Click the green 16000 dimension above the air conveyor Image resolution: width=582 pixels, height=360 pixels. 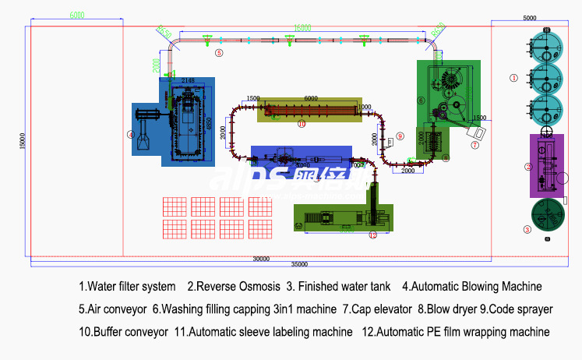pos(302,27)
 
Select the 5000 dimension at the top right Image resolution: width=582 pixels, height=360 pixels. pos(529,17)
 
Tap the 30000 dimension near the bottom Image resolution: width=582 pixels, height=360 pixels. pos(262,258)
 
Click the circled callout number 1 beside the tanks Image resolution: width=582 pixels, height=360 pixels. pos(513,78)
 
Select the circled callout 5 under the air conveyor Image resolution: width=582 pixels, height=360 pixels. pos(219,53)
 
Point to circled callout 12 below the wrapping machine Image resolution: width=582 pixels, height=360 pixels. pos(372,235)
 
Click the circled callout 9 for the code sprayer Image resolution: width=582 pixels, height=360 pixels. pos(400,136)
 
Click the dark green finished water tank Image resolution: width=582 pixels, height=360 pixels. pos(547,214)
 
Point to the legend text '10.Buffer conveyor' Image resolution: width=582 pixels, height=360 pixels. pos(123,332)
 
